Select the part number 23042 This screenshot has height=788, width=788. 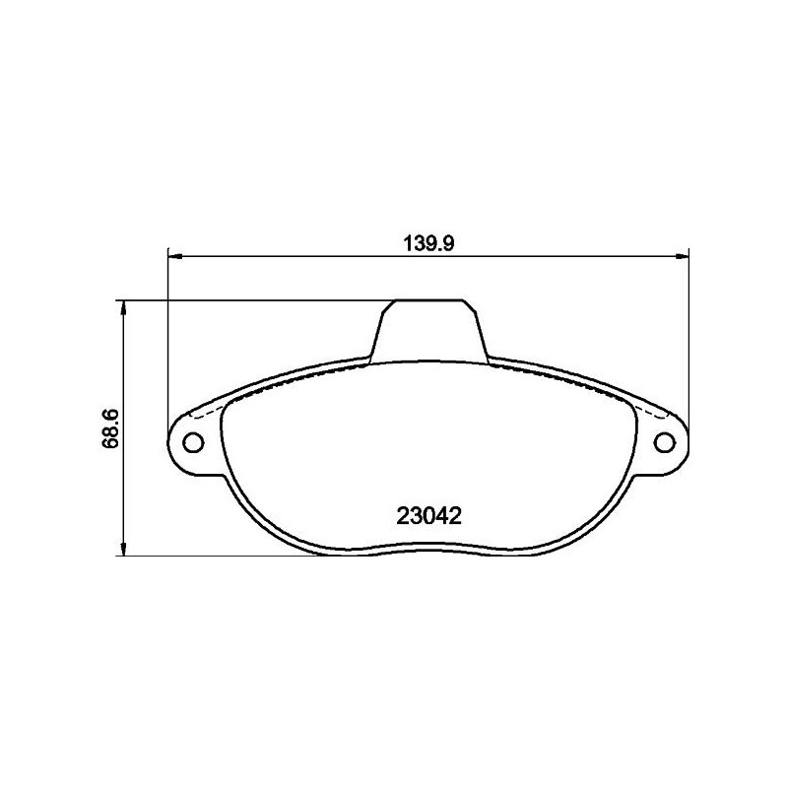point(428,514)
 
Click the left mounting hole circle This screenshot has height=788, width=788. point(193,439)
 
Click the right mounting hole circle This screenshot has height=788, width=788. point(664,439)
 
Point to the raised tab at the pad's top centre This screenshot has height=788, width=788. point(428,330)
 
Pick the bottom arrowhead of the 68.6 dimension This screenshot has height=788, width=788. point(122,551)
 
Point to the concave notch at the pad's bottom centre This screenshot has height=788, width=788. point(428,548)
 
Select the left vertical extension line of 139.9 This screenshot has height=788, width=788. point(168,335)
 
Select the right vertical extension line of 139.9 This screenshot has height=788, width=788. point(688,335)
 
